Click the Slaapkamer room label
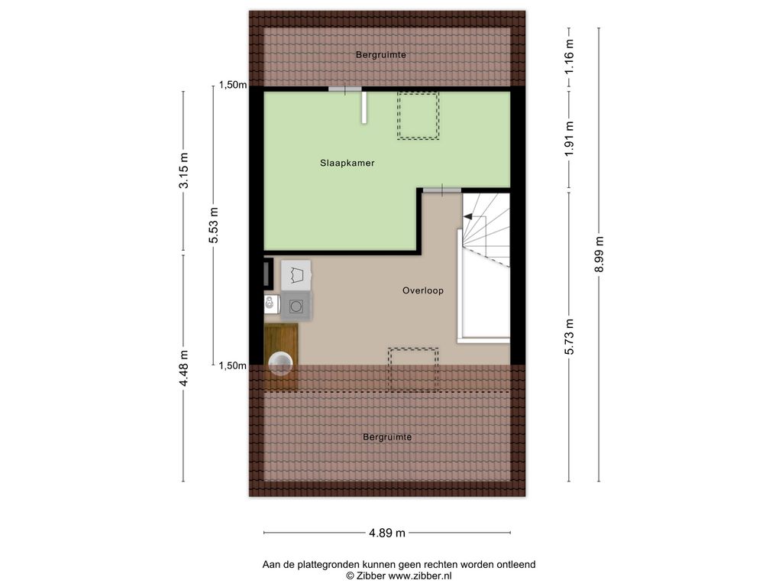(x=347, y=163)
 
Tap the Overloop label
(x=423, y=290)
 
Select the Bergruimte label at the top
(x=381, y=55)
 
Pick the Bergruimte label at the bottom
(x=387, y=437)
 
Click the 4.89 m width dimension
(x=387, y=533)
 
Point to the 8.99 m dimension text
(x=599, y=254)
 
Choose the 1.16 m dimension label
(x=569, y=57)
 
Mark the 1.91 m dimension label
(x=569, y=138)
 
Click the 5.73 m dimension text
(x=569, y=336)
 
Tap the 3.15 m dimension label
(x=183, y=170)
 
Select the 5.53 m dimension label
(x=214, y=225)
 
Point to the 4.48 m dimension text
(x=183, y=368)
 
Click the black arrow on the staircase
(x=469, y=216)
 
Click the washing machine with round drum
(x=296, y=306)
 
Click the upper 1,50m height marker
(x=233, y=85)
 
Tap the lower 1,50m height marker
(x=233, y=366)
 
